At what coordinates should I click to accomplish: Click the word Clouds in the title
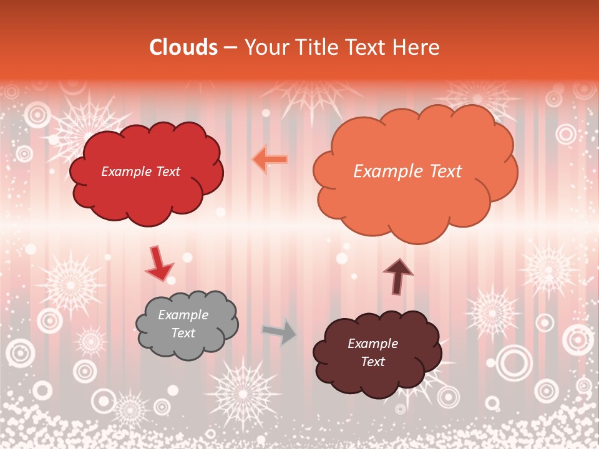(x=183, y=47)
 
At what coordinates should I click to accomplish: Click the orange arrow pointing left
(x=270, y=160)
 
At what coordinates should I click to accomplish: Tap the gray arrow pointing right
(x=279, y=332)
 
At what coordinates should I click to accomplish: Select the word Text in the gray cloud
(x=183, y=333)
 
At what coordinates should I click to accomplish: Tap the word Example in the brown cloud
(x=373, y=344)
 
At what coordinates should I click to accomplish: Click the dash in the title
(x=230, y=47)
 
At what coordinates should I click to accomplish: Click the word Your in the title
(x=263, y=47)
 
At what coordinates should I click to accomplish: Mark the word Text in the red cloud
(x=167, y=171)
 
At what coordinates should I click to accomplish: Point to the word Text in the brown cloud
(x=373, y=362)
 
